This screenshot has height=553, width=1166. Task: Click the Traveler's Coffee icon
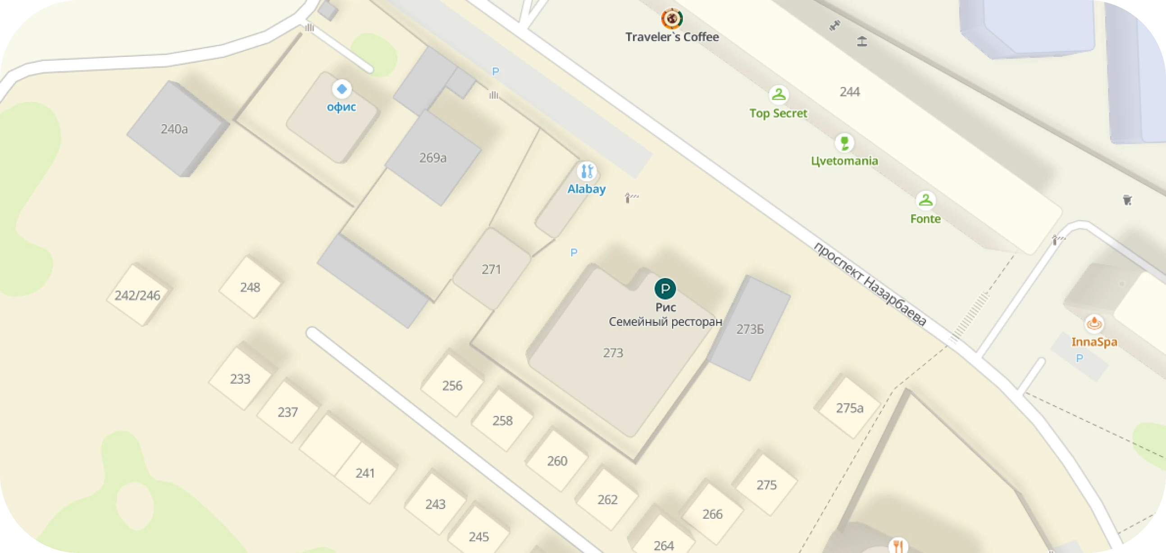(672, 18)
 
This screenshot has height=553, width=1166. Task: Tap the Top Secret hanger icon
(778, 95)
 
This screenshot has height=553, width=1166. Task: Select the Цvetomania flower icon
(844, 143)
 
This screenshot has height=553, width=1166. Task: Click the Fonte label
(925, 219)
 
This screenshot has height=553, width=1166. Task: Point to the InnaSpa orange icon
(1094, 324)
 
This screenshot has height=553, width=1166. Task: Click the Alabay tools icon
(587, 172)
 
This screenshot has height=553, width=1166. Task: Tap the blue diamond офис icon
(342, 89)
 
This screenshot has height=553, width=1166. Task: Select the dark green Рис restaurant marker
(665, 289)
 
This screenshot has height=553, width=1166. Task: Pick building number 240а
(174, 129)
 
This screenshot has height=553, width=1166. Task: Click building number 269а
(433, 158)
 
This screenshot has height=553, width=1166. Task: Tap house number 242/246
(137, 295)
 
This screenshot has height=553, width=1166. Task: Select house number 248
(250, 287)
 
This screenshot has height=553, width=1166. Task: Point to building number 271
(491, 270)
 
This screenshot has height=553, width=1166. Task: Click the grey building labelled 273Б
(750, 330)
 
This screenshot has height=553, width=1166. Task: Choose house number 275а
(849, 408)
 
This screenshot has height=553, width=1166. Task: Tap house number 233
(240, 379)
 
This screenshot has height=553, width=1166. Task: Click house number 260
(557, 461)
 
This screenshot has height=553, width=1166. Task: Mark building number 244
(850, 92)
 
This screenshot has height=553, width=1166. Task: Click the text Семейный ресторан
(665, 322)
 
